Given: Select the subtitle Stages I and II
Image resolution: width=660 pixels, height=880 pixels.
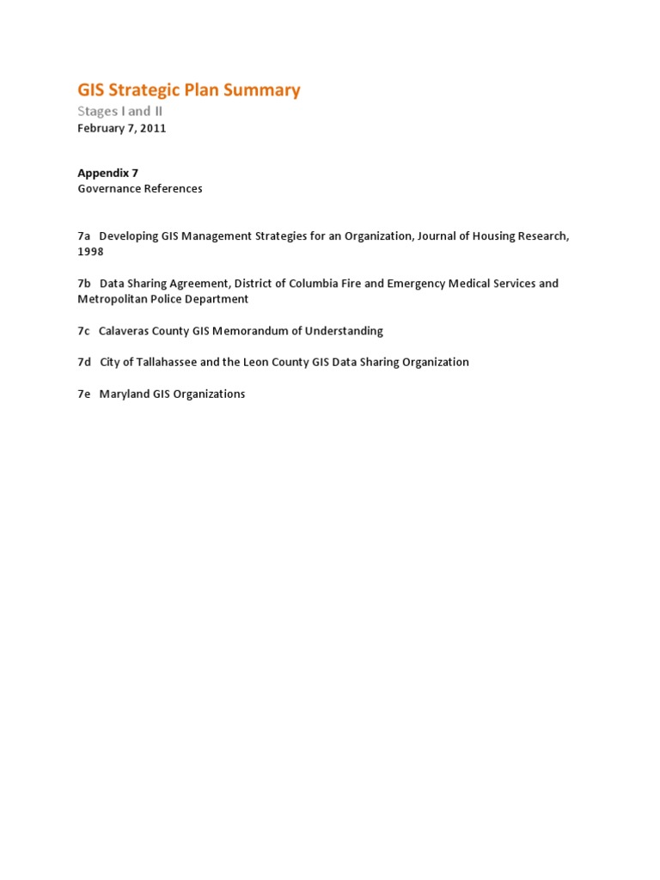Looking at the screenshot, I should pyautogui.click(x=119, y=111).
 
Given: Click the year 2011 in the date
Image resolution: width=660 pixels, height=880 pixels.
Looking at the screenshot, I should pyautogui.click(x=153, y=128).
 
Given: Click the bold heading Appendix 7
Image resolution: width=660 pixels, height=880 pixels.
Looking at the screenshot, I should pyautogui.click(x=107, y=173).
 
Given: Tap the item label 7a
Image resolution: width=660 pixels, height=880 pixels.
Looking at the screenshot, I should pyautogui.click(x=83, y=235).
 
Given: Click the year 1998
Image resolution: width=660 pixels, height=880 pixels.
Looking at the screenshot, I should pyautogui.click(x=90, y=252).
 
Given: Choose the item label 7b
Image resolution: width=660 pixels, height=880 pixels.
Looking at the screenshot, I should pyautogui.click(x=83, y=283).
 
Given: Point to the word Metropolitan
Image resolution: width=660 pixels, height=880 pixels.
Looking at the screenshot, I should pyautogui.click(x=114, y=299).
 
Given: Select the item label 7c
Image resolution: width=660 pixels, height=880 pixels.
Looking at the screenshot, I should pyautogui.click(x=83, y=331).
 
